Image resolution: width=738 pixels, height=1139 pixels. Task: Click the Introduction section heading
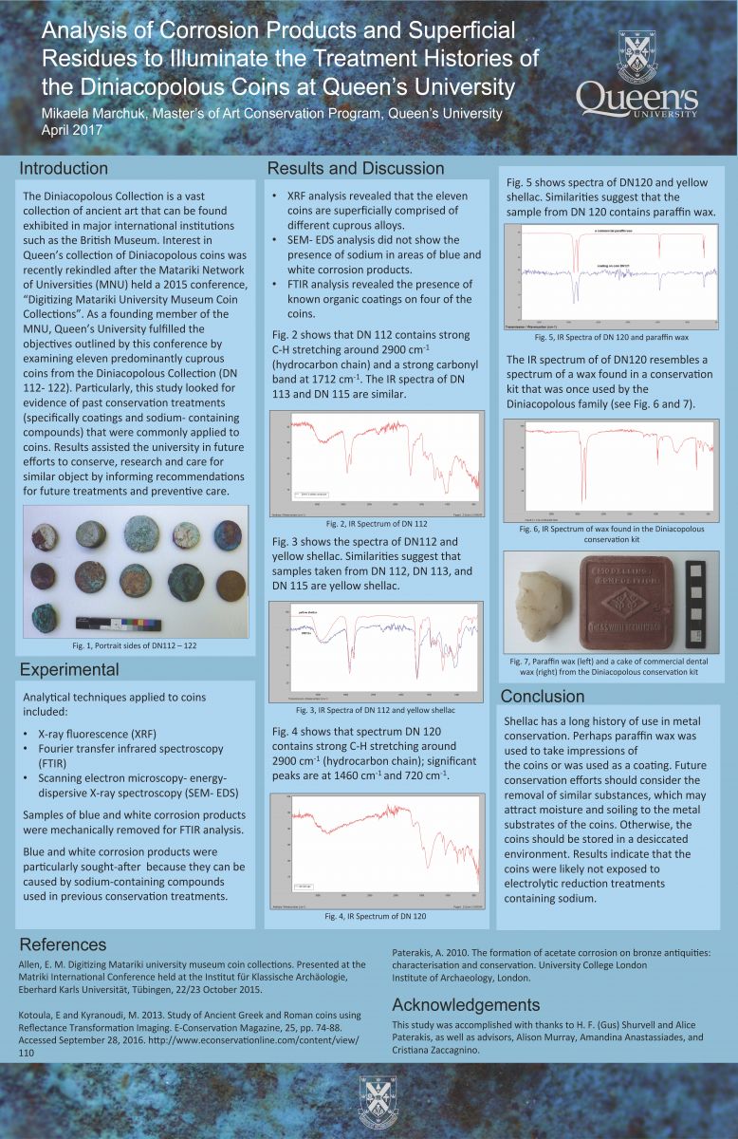point(65,169)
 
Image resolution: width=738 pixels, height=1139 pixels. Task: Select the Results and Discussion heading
point(356,169)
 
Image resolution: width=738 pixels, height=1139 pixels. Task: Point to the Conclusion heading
point(542,696)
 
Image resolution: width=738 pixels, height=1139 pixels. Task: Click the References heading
point(63,944)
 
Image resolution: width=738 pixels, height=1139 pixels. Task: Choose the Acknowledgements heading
point(466,1005)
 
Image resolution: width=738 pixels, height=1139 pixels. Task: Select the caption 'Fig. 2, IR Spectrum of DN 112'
point(377,524)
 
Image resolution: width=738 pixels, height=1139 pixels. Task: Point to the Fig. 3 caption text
point(377,710)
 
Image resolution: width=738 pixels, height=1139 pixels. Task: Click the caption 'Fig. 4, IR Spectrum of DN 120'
point(376,916)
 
